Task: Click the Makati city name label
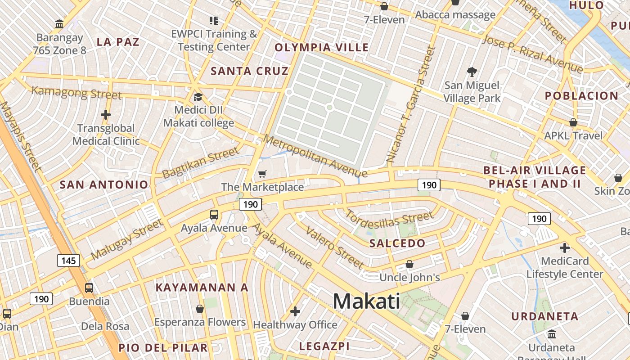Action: click(366, 301)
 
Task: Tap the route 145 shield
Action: click(68, 261)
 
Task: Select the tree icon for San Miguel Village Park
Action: click(472, 72)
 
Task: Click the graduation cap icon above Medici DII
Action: click(198, 97)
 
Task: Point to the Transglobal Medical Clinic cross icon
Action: click(106, 115)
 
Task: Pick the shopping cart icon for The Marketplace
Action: click(262, 174)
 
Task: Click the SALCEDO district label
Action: click(397, 243)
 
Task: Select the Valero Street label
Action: click(334, 247)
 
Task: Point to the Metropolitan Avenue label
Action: click(315, 156)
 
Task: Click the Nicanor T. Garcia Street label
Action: click(411, 104)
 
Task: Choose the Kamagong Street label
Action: click(76, 92)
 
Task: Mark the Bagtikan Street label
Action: click(201, 162)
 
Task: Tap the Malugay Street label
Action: click(126, 239)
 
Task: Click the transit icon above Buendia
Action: click(89, 288)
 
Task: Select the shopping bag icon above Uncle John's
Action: click(409, 264)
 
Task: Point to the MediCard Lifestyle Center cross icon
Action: click(565, 248)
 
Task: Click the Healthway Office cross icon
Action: click(295, 311)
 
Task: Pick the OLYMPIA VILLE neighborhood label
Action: click(321, 48)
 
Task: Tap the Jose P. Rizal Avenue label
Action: click(532, 54)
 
